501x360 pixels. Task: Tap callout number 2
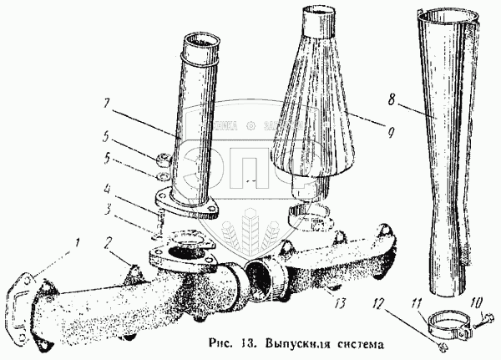pyautogui.click(x=109, y=243)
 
